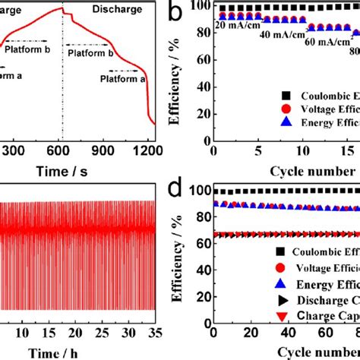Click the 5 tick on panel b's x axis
tap(258, 150)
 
